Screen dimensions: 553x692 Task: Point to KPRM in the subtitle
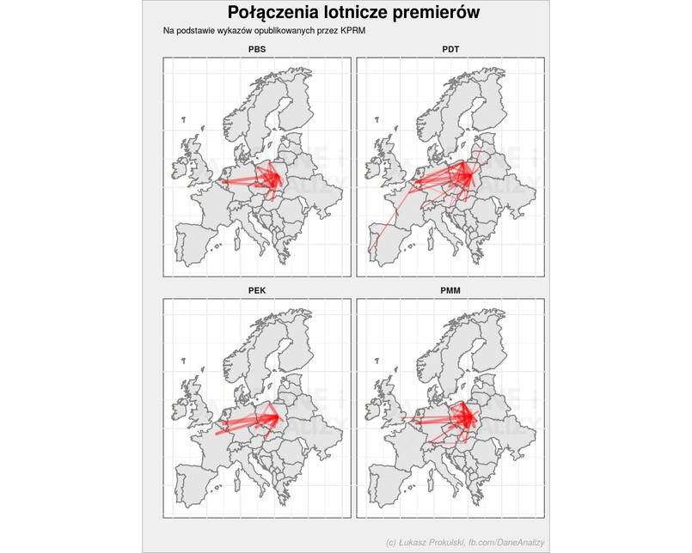tap(354, 31)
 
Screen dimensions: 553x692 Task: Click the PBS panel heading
tap(256, 49)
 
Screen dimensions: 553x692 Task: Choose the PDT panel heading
tap(450, 49)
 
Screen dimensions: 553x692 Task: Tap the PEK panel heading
tap(256, 290)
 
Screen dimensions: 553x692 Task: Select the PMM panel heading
tap(450, 290)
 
